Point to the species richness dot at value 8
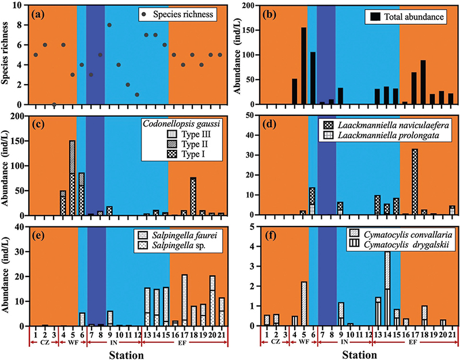point(109,25)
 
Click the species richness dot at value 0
point(54,104)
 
